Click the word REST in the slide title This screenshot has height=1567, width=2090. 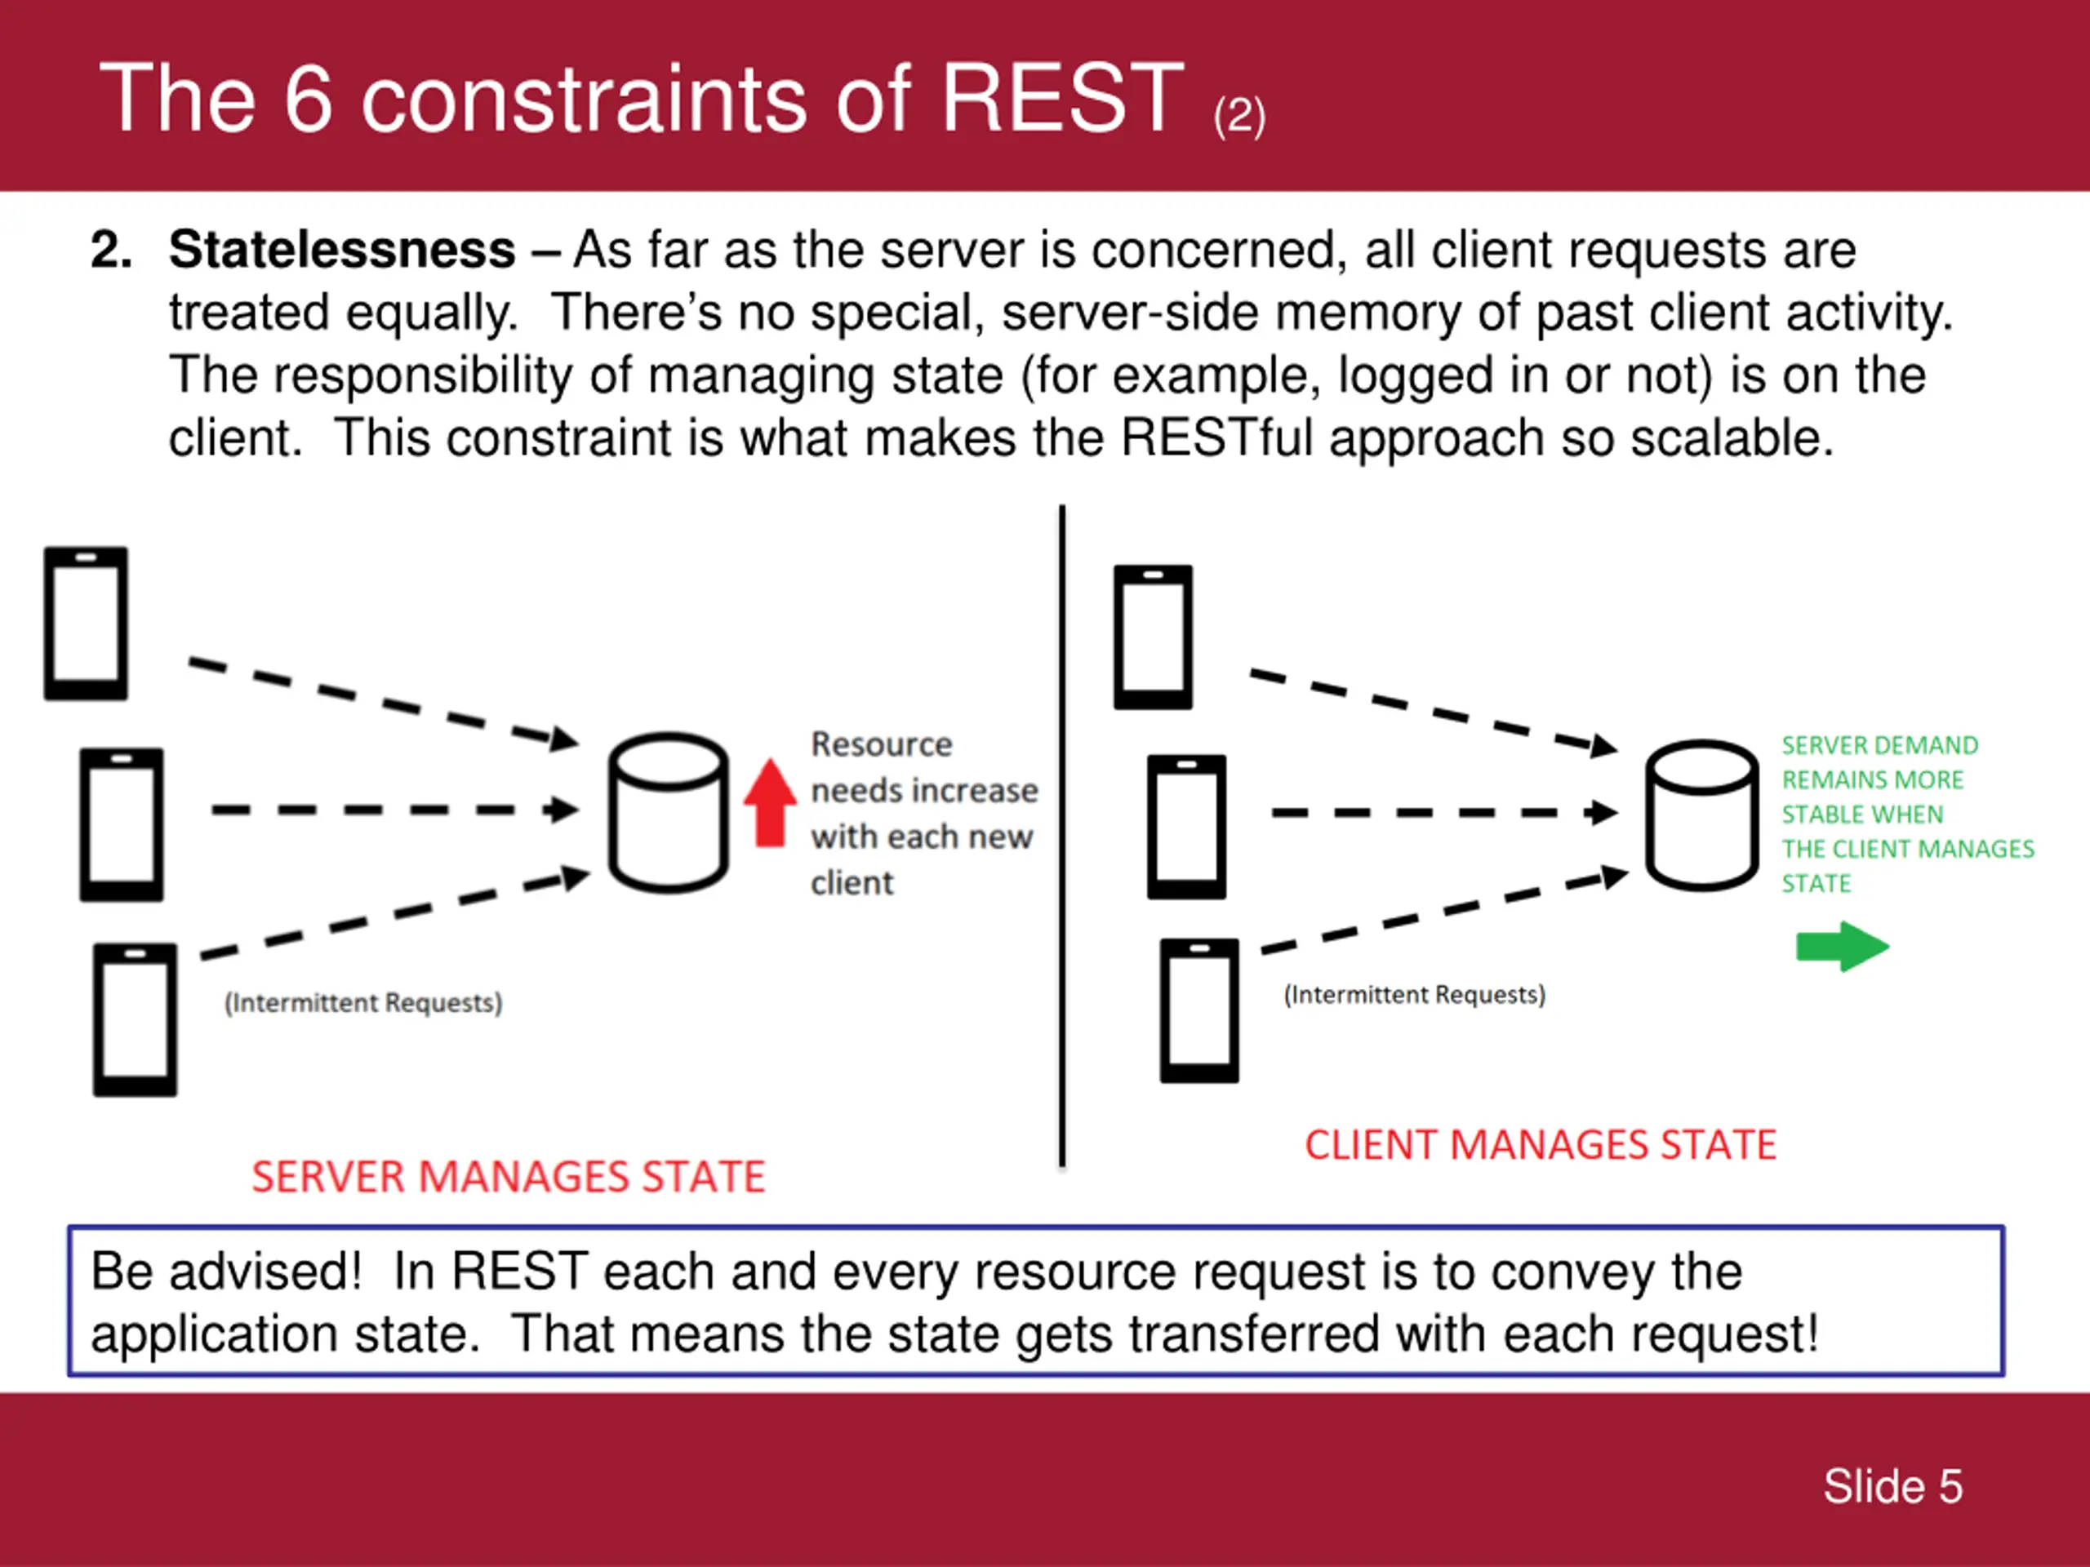pos(1062,97)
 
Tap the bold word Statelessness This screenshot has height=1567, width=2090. pos(342,251)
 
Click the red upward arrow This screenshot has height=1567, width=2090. pos(770,803)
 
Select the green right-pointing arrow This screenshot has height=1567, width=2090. pos(1843,947)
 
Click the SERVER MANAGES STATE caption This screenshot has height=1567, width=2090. pos(509,1177)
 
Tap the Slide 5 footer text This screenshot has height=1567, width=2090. pos(1892,1487)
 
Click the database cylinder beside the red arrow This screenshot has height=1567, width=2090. pos(668,812)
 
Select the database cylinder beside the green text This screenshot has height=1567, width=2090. pos(1701,815)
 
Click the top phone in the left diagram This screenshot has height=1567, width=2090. pos(86,624)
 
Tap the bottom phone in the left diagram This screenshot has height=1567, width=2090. pos(135,1020)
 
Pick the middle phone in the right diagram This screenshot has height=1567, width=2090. pos(1187,827)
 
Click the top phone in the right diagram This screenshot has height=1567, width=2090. pos(1153,637)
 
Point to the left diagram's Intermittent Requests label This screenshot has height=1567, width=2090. pos(362,1002)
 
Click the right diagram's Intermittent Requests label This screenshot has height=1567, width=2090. pos(1415,995)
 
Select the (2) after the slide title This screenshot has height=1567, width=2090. pos(1239,118)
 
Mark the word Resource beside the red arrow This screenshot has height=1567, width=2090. pos(882,744)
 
